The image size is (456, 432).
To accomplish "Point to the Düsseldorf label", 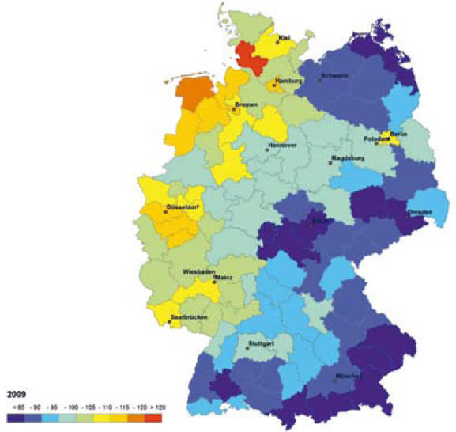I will (180, 210).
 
